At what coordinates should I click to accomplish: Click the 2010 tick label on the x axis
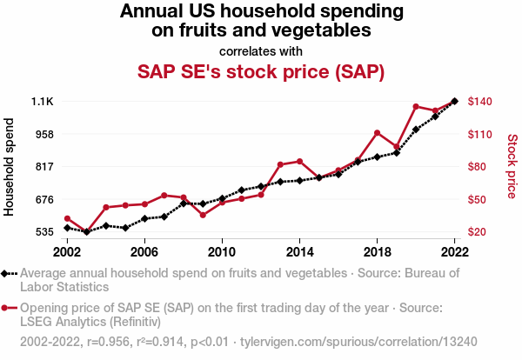222,251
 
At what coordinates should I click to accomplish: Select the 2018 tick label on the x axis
377,251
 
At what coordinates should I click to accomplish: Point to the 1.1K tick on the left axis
43,102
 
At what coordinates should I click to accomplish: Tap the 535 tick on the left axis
44,232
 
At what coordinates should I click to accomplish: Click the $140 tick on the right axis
481,102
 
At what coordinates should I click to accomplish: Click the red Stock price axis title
512,165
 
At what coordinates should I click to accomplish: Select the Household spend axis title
10,165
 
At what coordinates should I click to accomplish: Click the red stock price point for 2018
377,133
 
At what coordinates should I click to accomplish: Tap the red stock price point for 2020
416,106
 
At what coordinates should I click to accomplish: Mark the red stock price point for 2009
203,215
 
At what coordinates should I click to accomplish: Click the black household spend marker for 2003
86,232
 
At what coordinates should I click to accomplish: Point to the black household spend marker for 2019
397,152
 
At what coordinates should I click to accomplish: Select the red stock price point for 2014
299,162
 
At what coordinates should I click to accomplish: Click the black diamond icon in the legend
9,273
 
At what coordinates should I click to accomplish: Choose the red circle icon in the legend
9,308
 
